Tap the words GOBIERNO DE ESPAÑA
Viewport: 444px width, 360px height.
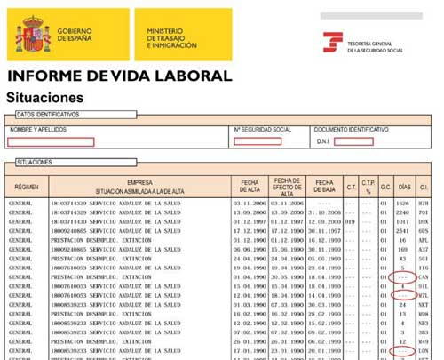point(75,36)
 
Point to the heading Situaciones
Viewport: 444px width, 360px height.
point(45,97)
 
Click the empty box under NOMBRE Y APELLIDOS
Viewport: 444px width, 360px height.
point(52,141)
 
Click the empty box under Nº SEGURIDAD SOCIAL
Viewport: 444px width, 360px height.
point(258,140)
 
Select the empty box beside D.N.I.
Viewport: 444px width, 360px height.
point(353,141)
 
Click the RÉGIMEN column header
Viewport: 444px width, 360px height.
point(27,187)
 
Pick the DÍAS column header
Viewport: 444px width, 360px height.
point(405,188)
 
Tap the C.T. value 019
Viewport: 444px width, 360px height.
point(351,221)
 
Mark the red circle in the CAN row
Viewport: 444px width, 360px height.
point(403,277)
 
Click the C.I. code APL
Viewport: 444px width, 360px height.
point(424,240)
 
